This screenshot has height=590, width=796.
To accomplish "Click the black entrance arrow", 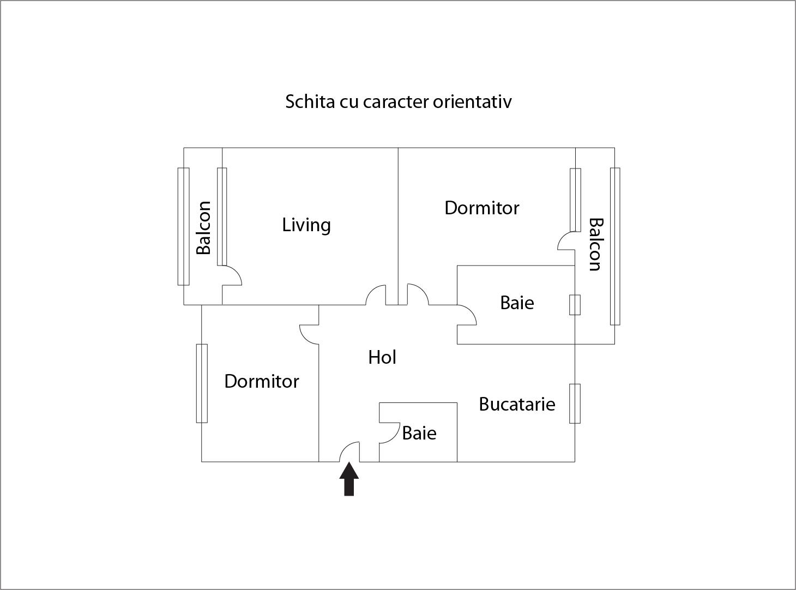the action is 349,479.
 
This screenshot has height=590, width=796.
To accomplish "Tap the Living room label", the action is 306,226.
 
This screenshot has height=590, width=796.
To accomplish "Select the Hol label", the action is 382,357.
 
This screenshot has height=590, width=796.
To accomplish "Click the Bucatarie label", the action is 517,404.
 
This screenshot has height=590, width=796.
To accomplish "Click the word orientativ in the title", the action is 472,101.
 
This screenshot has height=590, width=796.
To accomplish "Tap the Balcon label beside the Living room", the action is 203,228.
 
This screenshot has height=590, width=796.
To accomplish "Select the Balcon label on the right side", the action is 595,244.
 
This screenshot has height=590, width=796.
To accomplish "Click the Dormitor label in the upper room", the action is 481,208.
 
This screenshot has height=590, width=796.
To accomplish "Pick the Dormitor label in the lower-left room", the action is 262,381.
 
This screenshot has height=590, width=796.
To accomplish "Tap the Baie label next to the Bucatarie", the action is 419,433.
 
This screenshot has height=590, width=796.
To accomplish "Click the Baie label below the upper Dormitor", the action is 517,303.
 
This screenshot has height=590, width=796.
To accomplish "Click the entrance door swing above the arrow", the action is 349,451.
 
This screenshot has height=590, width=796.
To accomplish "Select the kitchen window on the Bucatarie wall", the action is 575,404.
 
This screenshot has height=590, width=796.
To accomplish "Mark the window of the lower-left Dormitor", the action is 202,383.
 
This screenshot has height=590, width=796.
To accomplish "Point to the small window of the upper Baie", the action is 575,305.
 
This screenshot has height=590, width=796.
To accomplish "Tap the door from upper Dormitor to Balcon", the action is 566,240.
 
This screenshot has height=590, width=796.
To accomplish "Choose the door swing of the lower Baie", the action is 389,434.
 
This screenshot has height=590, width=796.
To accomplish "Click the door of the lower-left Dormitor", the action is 309,334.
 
